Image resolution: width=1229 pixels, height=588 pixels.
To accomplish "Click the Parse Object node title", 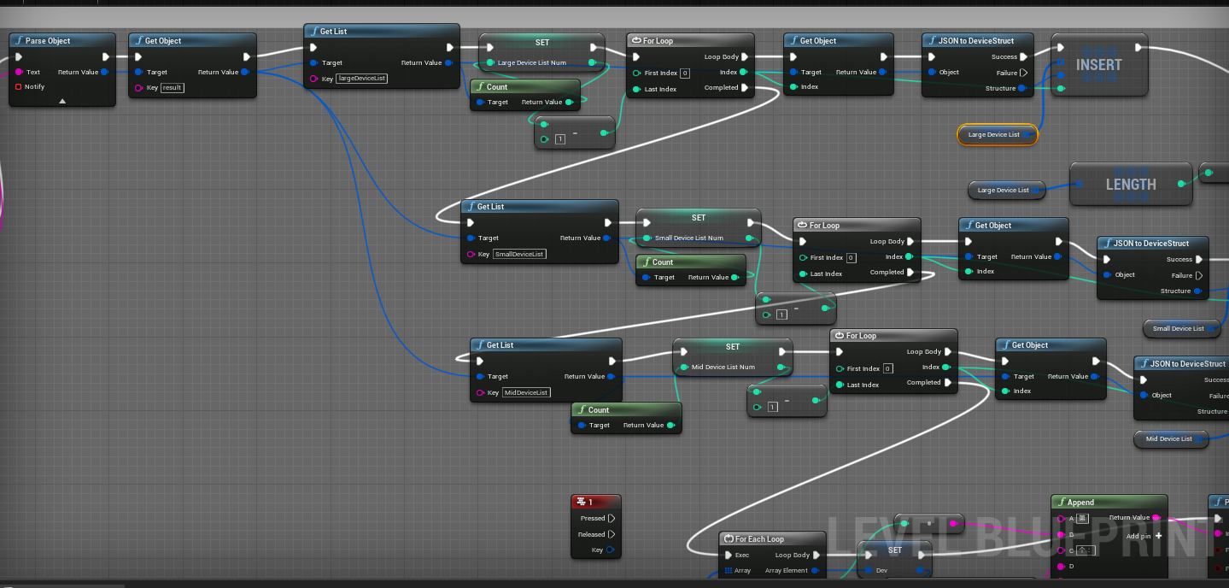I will (48, 41).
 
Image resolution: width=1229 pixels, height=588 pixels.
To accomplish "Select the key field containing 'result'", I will (173, 88).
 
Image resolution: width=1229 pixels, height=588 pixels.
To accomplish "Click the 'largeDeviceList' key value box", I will (362, 79).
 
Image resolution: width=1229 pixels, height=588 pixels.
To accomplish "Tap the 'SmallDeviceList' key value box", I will (520, 254).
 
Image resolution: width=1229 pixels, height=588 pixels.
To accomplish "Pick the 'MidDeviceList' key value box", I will (526, 392).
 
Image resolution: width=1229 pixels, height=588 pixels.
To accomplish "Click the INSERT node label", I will (1099, 65).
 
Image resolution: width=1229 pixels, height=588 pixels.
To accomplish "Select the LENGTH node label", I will (1131, 185).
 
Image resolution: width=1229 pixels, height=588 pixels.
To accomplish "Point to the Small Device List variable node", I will (1179, 328).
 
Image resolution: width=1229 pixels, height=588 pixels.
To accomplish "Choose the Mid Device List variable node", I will (1169, 439).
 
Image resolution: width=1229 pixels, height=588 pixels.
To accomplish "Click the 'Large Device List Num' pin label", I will (532, 62).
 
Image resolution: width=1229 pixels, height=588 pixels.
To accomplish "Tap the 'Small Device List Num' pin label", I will (688, 238).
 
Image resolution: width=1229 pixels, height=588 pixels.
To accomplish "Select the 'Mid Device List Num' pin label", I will (723, 367).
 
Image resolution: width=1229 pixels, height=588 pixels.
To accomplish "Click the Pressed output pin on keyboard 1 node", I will (611, 518).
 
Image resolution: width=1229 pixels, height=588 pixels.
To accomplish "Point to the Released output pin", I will (611, 534).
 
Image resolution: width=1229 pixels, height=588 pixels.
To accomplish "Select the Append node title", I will (1080, 503).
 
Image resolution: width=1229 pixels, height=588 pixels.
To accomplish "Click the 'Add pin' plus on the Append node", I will (1158, 536).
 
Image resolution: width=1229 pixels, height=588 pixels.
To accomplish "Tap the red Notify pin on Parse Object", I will (18, 86).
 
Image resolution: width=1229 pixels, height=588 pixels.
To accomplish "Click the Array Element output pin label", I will (786, 570).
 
